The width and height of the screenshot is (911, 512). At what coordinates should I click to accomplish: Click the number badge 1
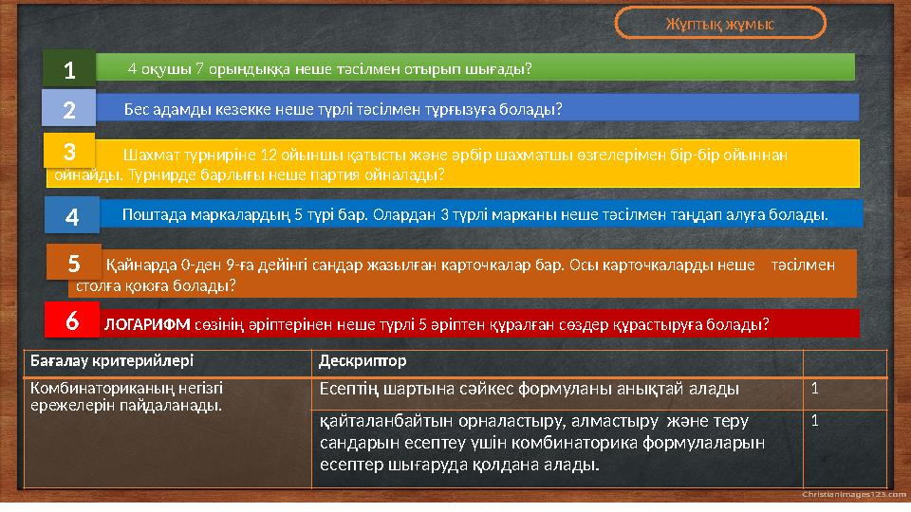point(68,69)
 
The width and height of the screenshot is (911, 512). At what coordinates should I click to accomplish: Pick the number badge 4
point(72,217)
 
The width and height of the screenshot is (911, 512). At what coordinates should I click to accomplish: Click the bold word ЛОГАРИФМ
point(133,324)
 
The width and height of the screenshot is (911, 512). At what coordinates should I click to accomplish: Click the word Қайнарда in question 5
point(136,265)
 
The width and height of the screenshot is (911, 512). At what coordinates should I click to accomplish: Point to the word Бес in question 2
point(137,109)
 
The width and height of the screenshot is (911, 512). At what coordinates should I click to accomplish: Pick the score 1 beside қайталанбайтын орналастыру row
point(814,421)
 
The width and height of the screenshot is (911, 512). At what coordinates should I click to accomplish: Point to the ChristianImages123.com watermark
point(853,494)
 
